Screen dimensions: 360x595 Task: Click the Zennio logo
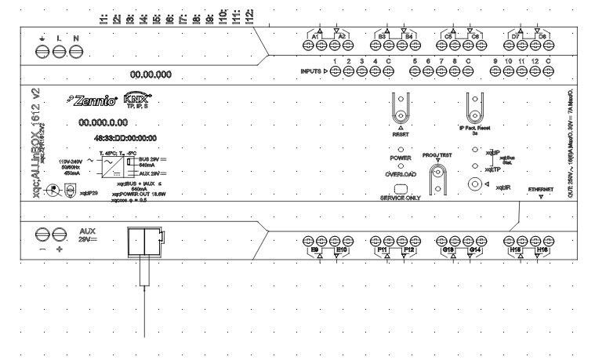pyautogui.click(x=98, y=100)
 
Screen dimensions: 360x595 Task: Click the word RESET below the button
pyautogui.click(x=401, y=133)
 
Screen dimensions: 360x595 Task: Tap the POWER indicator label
pyautogui.click(x=400, y=158)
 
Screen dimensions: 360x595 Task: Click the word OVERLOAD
pyautogui.click(x=400, y=174)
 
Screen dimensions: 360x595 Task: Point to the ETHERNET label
pyautogui.click(x=540, y=189)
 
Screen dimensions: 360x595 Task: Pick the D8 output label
pyautogui.click(x=542, y=37)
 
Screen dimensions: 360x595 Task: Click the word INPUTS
pyautogui.click(x=311, y=71)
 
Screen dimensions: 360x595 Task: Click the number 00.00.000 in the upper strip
pyautogui.click(x=151, y=75)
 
